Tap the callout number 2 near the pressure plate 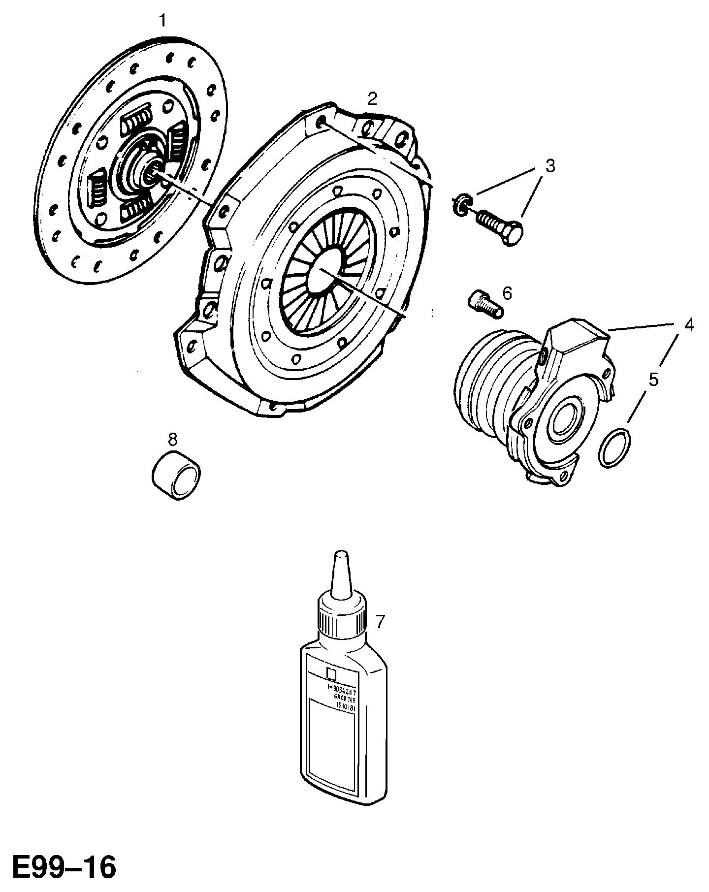click(373, 99)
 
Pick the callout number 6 click(507, 293)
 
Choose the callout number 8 click(172, 439)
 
